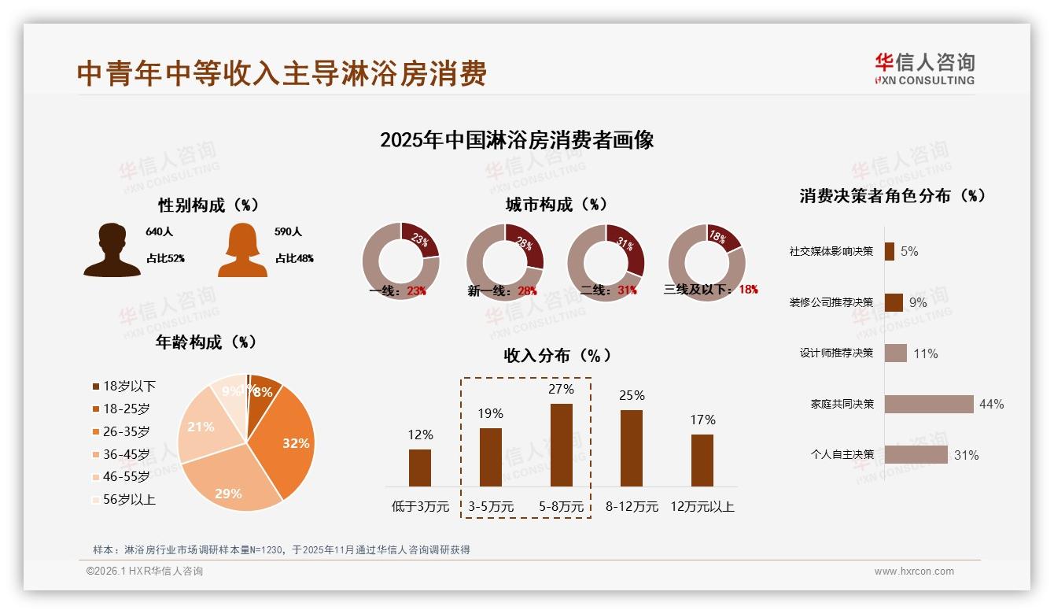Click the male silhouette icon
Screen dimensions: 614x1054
click(112, 250)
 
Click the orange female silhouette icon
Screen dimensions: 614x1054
click(242, 250)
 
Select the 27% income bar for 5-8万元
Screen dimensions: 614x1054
click(561, 445)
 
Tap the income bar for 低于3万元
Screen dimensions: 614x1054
click(420, 468)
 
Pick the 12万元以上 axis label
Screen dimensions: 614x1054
click(702, 507)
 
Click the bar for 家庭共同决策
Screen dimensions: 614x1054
click(929, 404)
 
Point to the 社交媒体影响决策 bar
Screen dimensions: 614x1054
click(890, 251)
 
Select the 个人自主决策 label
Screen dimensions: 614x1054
click(842, 455)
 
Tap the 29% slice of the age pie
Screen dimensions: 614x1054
click(230, 484)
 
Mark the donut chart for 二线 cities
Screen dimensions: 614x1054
click(606, 262)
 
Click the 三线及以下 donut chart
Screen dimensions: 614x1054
click(706, 262)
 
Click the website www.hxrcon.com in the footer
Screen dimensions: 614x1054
click(914, 571)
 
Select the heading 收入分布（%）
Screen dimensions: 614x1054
click(558, 356)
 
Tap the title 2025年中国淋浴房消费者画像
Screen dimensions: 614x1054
click(517, 141)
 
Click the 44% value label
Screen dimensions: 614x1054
click(991, 405)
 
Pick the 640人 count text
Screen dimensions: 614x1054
click(158, 232)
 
